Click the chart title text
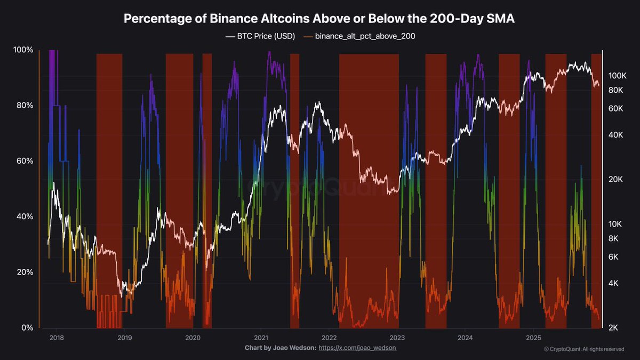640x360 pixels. point(319,19)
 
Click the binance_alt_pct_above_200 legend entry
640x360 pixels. point(359,37)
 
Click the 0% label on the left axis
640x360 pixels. point(27,328)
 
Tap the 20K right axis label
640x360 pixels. point(616,179)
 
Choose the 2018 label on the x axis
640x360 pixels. point(56,338)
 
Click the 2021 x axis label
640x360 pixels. point(261,338)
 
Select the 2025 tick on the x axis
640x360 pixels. point(534,338)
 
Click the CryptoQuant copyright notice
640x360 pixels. point(584,349)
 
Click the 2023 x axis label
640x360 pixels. point(397,338)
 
